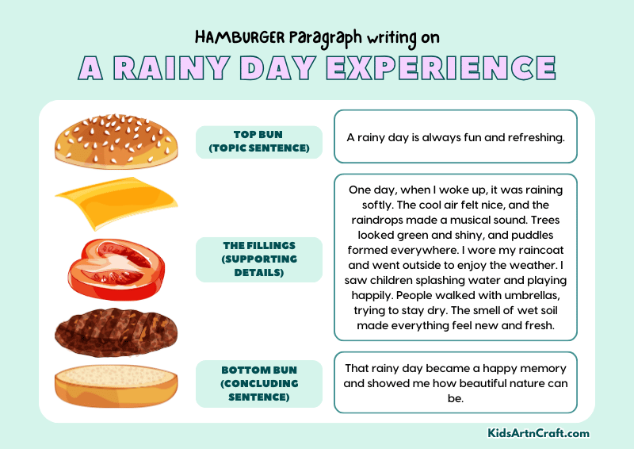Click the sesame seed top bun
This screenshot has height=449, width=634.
point(115,141)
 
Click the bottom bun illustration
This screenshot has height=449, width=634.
point(115,386)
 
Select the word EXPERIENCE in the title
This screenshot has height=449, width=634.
point(440,68)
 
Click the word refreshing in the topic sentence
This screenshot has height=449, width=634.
point(536,137)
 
